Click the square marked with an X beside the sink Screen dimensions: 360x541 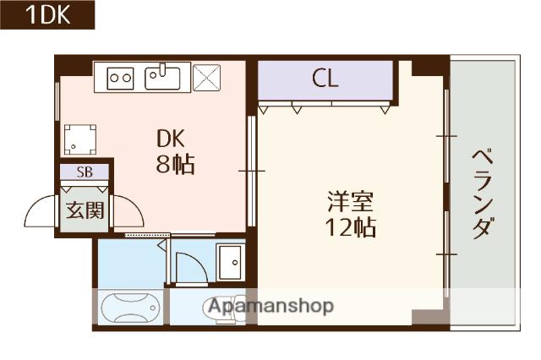point(205,79)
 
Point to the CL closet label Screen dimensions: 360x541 point(325,79)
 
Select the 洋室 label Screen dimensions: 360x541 point(350,202)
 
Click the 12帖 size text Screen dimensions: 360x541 point(352,227)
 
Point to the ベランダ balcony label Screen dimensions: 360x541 point(481,193)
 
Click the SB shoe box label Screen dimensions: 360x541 point(85,172)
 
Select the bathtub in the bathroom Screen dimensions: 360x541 point(131,307)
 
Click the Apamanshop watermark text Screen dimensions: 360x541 point(270,306)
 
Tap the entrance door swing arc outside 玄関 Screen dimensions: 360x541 point(40,213)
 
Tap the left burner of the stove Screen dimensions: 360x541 point(115,79)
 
